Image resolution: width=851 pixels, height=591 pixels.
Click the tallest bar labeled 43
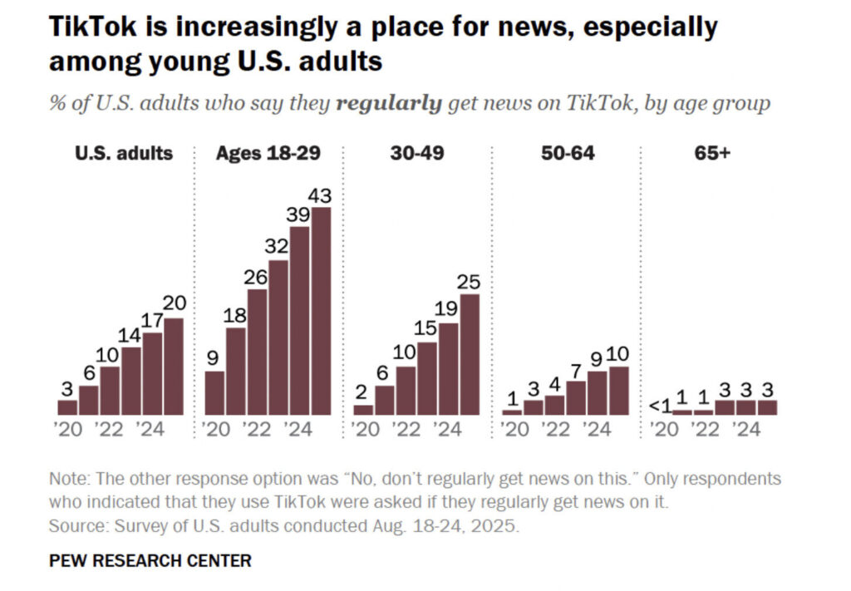pos(321,311)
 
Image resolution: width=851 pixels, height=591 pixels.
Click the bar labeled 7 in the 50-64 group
pos(576,397)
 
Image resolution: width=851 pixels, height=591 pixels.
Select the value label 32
pos(278,248)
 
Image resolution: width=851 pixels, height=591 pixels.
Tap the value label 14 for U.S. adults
pos(131,335)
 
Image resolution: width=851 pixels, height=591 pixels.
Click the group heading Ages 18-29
pos(268,153)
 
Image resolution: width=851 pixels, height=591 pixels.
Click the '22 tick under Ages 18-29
pos(257,430)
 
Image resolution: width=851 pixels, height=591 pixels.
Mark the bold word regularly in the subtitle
pos(389,104)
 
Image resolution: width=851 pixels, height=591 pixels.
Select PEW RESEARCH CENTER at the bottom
pos(150,560)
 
